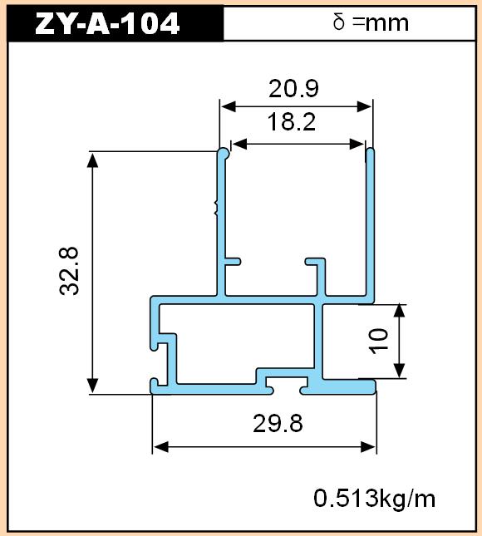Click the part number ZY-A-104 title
(107, 23)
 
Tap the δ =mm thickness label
(371, 23)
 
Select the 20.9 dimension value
(293, 88)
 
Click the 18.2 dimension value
(291, 121)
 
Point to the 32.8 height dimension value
(69, 271)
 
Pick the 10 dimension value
(378, 342)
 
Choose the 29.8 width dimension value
(278, 423)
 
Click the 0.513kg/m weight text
(375, 498)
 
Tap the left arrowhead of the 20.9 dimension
(228, 106)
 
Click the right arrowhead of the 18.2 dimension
(357, 145)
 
